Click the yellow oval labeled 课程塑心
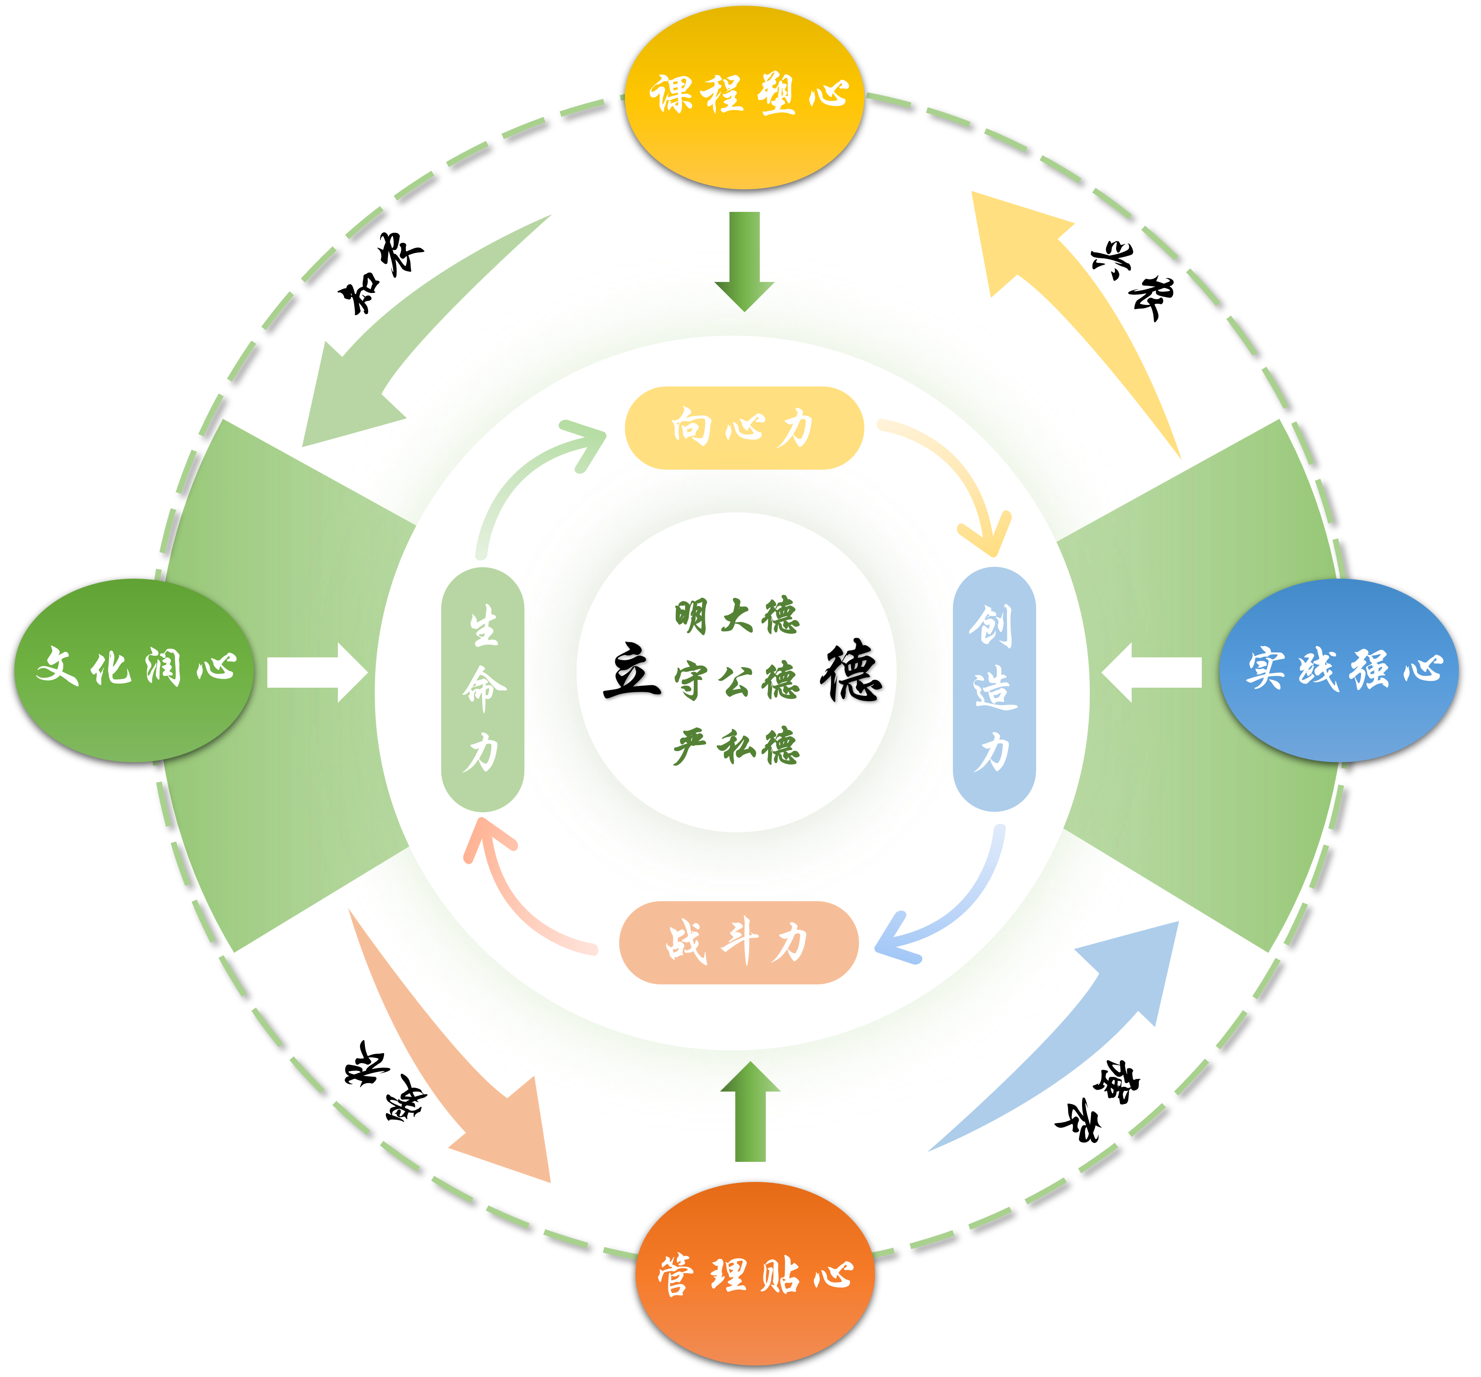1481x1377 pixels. [x=743, y=97]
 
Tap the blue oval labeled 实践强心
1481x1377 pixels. [x=1338, y=670]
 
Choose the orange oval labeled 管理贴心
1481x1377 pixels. [x=754, y=1273]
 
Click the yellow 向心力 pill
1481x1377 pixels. [x=743, y=428]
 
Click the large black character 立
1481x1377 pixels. [x=632, y=670]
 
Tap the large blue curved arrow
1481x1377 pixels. [x=1080, y=1028]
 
